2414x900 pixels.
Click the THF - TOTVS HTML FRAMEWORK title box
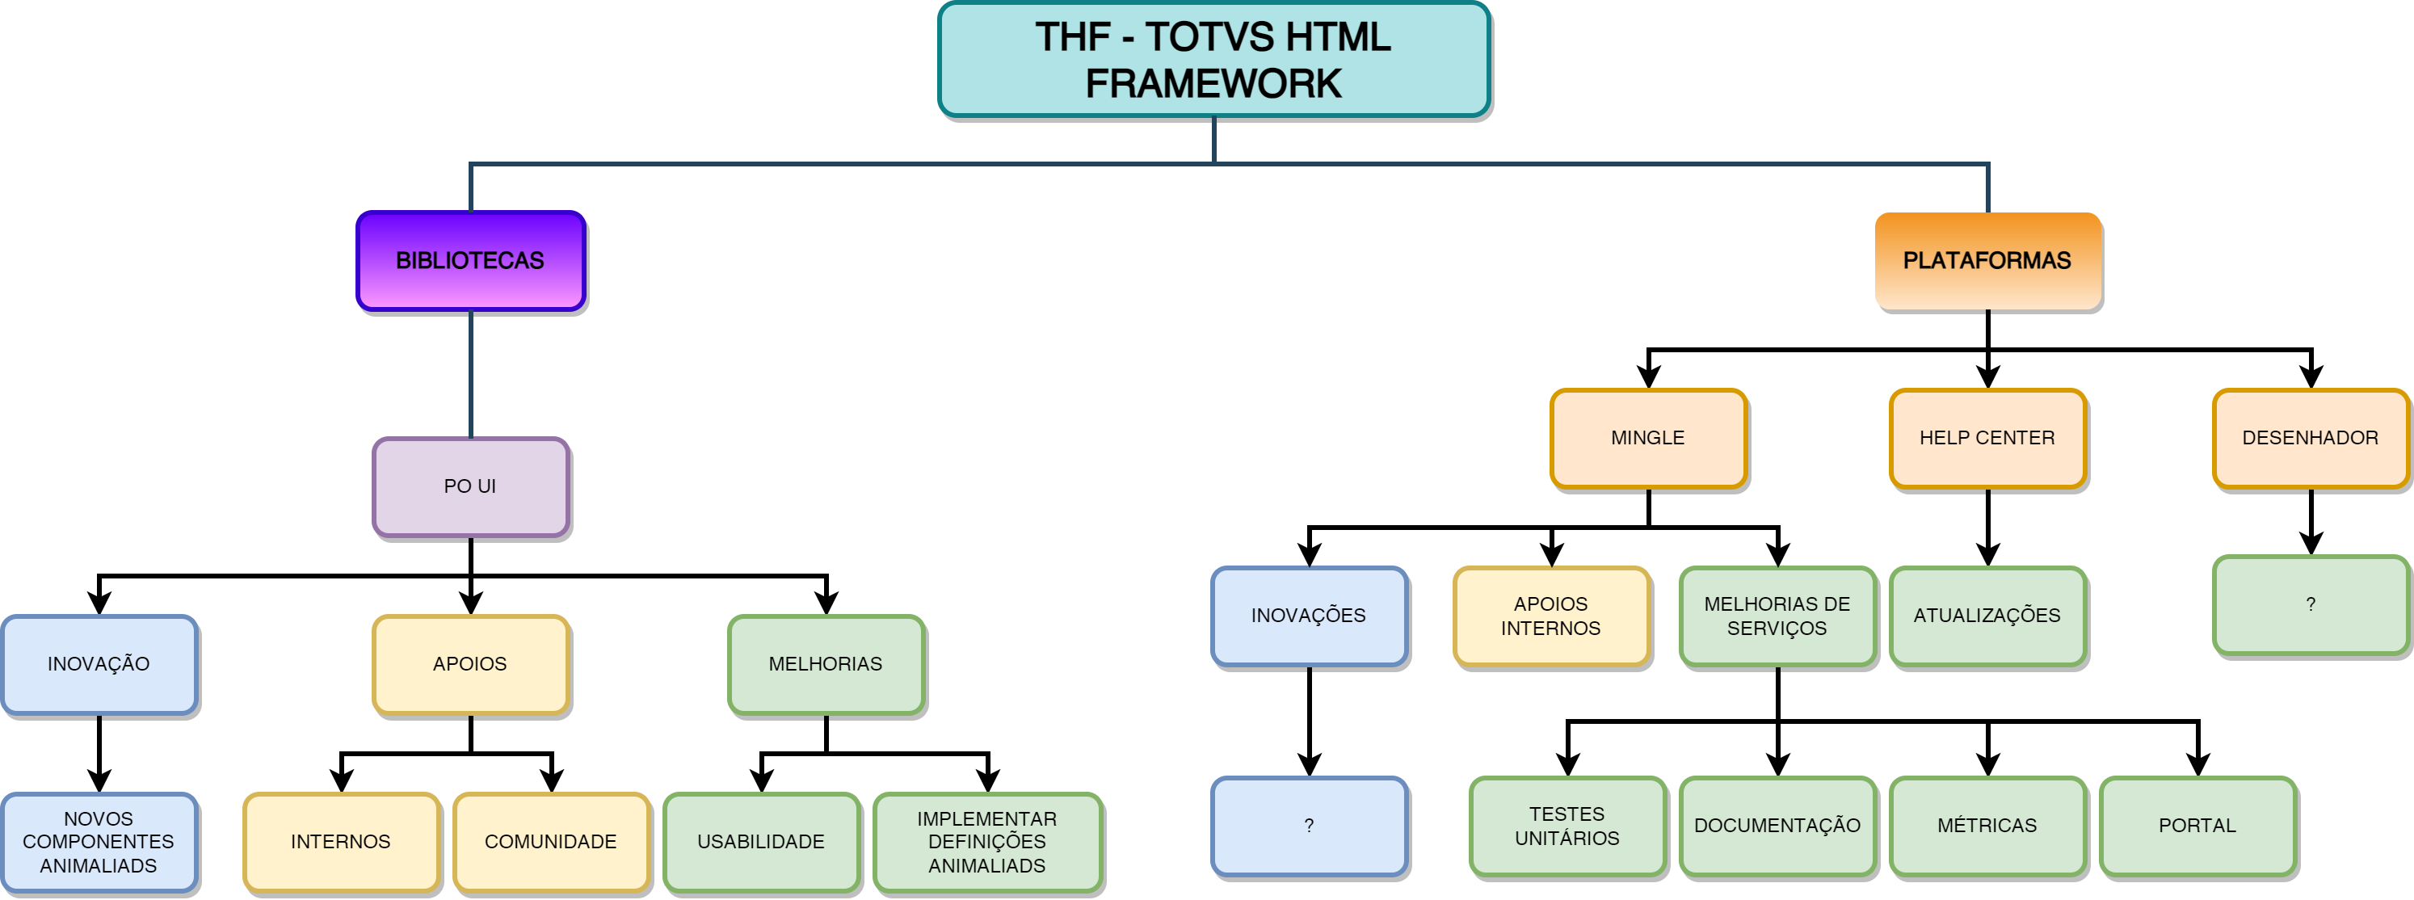pyautogui.click(x=1213, y=59)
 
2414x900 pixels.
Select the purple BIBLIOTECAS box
pyautogui.click(x=470, y=261)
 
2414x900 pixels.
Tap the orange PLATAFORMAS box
pyautogui.click(x=1987, y=261)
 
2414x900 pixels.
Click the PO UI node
pyautogui.click(x=470, y=486)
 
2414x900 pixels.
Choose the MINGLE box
pyautogui.click(x=1648, y=438)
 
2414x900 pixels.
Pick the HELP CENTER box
pyautogui.click(x=1987, y=438)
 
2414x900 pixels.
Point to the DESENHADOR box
pyautogui.click(x=2310, y=438)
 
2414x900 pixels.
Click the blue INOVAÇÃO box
pyautogui.click(x=99, y=664)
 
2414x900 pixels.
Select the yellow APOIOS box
pyautogui.click(x=470, y=664)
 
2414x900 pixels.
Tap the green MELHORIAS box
pyautogui.click(x=826, y=664)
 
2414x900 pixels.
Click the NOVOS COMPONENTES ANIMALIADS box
pyautogui.click(x=99, y=842)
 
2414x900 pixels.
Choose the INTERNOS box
pyautogui.click(x=341, y=842)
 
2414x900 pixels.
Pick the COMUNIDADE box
pyautogui.click(x=551, y=842)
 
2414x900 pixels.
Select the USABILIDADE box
pyautogui.click(x=761, y=842)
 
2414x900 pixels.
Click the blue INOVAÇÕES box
pyautogui.click(x=1309, y=616)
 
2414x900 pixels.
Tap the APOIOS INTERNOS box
pyautogui.click(x=1551, y=616)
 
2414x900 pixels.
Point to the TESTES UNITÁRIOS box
pyautogui.click(x=1567, y=826)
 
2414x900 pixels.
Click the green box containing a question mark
pyautogui.click(x=2310, y=604)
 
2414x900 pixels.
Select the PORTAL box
pyautogui.click(x=2197, y=826)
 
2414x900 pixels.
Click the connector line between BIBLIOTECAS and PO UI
pyautogui.click(x=470, y=375)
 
